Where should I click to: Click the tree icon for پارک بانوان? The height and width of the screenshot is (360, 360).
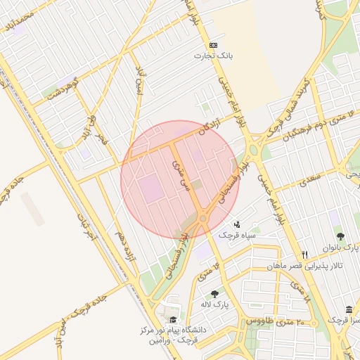point(340,237)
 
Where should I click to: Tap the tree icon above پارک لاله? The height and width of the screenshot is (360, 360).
point(214,294)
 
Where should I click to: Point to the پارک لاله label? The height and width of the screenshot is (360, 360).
point(214,304)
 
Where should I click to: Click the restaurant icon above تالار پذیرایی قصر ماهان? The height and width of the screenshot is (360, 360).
point(304,255)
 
